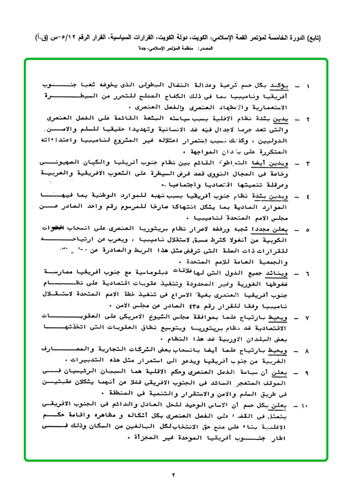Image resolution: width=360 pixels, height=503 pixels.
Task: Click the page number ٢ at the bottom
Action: tap(174, 474)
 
